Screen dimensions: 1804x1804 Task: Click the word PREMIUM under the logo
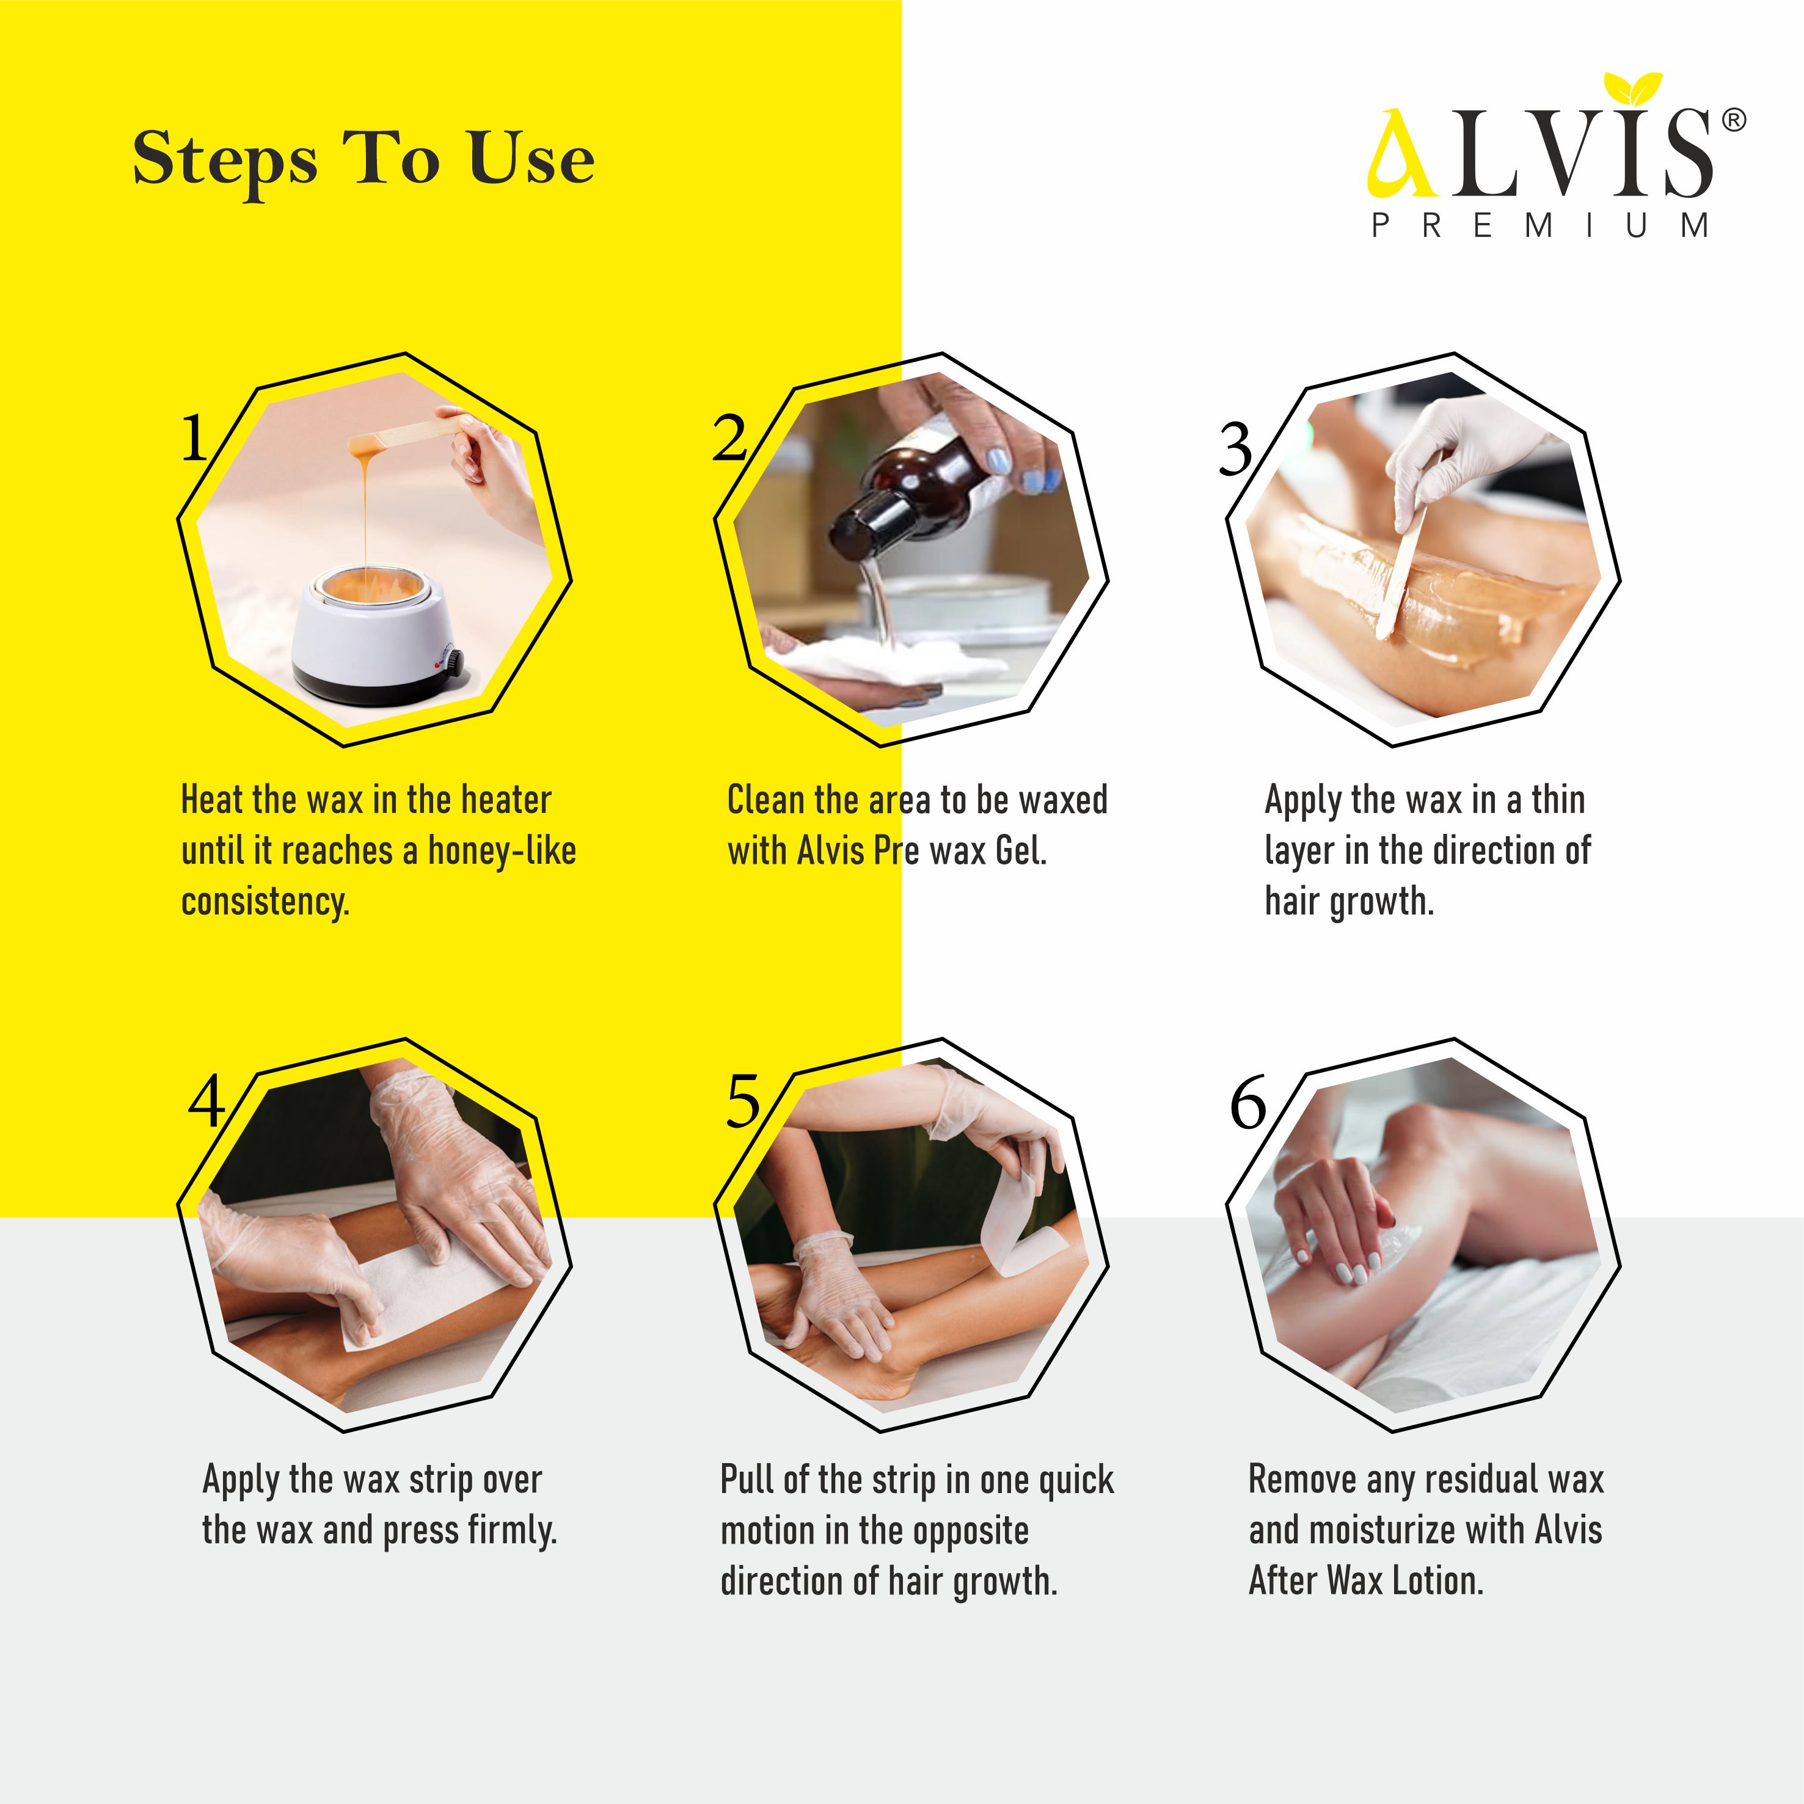coord(1541,226)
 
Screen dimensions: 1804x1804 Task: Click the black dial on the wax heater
coord(452,662)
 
